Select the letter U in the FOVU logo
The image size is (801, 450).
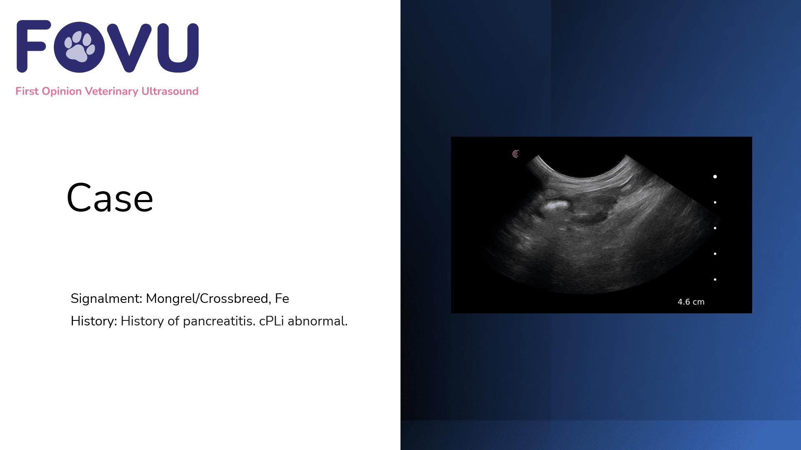[x=178, y=47]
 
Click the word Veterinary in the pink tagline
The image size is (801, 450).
[x=111, y=91]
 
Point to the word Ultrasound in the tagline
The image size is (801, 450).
[x=170, y=91]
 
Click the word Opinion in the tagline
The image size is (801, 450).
[x=62, y=92]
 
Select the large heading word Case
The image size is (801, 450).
[x=110, y=198]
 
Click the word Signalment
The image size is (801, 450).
[x=106, y=299]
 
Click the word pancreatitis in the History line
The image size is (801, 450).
[x=219, y=321]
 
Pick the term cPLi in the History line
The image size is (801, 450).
[x=271, y=321]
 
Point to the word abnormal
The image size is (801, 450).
[x=317, y=321]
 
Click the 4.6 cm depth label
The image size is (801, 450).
[x=691, y=302]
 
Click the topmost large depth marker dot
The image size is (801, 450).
[x=715, y=177]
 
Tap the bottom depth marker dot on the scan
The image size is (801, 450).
[x=715, y=280]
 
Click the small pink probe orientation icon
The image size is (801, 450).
[x=516, y=154]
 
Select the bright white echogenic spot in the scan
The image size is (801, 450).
[x=555, y=205]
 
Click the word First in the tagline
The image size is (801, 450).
[x=27, y=91]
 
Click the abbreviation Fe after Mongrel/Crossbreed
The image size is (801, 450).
[x=282, y=299]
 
